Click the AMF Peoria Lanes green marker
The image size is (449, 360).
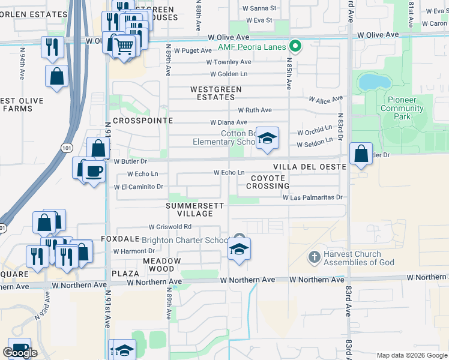(x=295, y=46)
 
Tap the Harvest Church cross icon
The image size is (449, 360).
(x=313, y=258)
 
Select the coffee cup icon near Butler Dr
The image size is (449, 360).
(x=94, y=172)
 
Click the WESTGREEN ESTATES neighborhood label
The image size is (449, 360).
(x=215, y=93)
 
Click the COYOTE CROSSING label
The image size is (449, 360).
(x=267, y=182)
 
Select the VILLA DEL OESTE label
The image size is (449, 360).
(x=309, y=166)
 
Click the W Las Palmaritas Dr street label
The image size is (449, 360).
(x=312, y=197)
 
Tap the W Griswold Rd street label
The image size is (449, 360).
(x=170, y=227)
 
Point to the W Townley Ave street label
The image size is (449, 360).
(x=229, y=62)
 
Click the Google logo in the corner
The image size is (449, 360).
(x=20, y=353)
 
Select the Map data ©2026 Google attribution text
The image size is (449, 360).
(x=411, y=355)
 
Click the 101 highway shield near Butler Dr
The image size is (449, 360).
(x=64, y=146)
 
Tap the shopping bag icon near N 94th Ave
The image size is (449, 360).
(x=56, y=76)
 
